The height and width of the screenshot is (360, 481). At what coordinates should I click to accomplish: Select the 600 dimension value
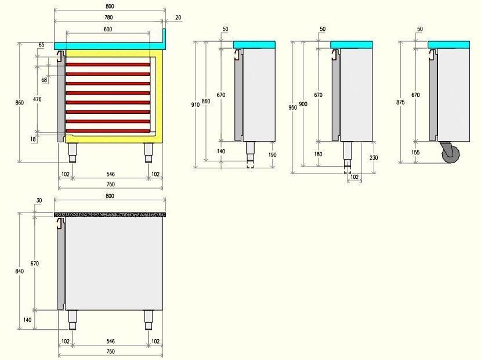[x=108, y=29]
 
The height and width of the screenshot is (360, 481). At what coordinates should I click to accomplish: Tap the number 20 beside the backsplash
[x=178, y=17]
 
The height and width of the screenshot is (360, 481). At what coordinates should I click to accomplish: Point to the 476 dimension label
[x=38, y=100]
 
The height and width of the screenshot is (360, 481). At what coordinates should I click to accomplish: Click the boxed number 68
[x=45, y=80]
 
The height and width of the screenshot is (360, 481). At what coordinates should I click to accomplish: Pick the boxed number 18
[x=32, y=139]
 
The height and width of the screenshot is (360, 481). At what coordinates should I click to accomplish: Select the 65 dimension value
[x=42, y=45]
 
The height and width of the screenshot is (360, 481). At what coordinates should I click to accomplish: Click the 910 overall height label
[x=195, y=105]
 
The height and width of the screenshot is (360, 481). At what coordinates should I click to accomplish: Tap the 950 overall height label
[x=293, y=107]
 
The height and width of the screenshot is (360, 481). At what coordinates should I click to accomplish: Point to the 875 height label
[x=400, y=102]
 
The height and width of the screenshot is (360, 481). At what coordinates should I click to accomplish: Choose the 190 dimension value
[x=272, y=154]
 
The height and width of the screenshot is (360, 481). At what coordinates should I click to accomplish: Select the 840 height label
[x=19, y=271]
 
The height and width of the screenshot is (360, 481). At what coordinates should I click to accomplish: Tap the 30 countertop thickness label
[x=39, y=201]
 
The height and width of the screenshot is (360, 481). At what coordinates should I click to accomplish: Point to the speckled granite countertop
[x=110, y=214]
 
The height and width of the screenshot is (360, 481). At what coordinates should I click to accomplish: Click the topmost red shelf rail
[x=107, y=64]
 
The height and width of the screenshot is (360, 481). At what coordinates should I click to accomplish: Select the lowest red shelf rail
[x=107, y=131]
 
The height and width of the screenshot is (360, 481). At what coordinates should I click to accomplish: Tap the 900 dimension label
[x=303, y=104]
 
